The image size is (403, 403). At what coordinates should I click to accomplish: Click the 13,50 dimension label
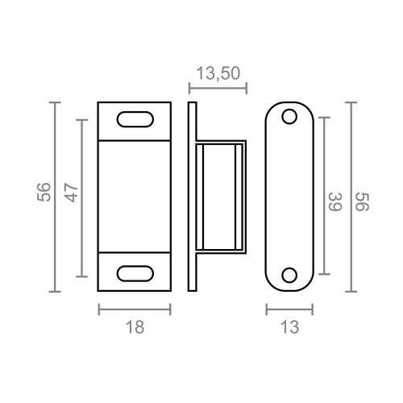click(x=216, y=74)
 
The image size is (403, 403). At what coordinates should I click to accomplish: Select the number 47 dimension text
click(x=72, y=193)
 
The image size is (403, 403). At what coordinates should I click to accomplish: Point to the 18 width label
click(x=135, y=326)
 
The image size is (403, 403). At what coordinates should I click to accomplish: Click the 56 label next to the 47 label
click(x=44, y=193)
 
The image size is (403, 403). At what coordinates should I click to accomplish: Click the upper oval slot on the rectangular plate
click(x=135, y=119)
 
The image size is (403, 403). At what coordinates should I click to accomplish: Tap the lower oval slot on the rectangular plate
click(x=135, y=272)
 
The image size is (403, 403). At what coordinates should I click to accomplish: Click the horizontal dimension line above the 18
click(x=135, y=309)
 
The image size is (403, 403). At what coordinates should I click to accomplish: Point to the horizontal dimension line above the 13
click(x=289, y=309)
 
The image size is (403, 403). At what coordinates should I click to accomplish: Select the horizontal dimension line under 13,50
click(x=216, y=84)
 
